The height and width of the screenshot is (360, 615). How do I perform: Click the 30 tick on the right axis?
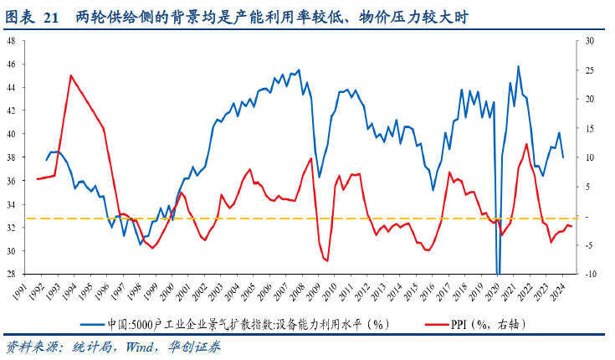pos(588,40)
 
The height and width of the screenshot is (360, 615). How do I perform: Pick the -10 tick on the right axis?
pos(588,274)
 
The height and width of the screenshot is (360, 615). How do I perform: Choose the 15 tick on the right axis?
pos(588,128)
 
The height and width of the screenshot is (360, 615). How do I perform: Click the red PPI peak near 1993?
pos(70,75)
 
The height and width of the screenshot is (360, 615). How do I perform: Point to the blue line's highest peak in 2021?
pos(518,66)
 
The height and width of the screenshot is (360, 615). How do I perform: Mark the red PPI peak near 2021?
pos(526,144)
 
